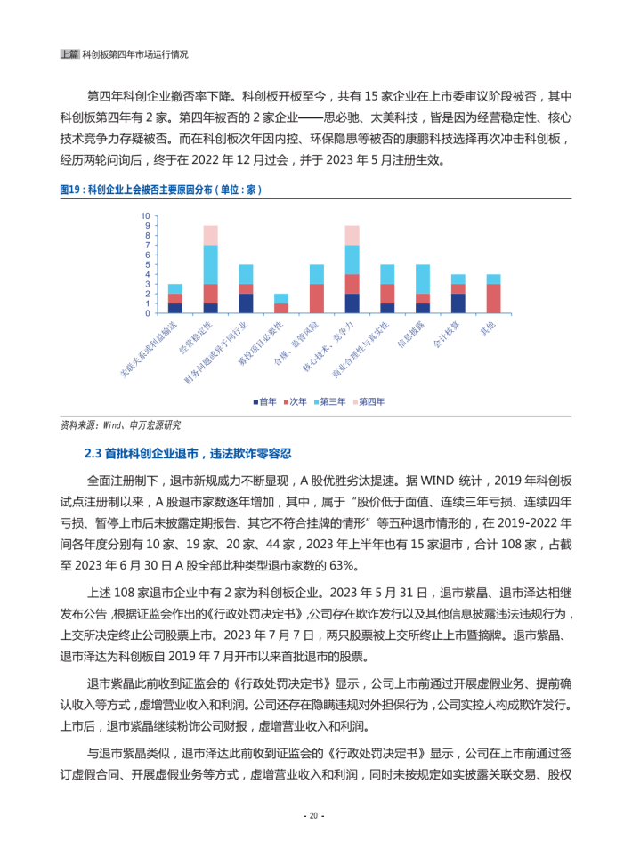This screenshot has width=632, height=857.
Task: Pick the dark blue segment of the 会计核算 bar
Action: [458, 303]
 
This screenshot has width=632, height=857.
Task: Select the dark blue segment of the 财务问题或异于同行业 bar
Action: [246, 303]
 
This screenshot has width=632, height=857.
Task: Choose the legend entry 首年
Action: [263, 402]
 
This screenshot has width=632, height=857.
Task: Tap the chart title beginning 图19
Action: [160, 190]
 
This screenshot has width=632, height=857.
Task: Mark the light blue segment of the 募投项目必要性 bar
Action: [280, 298]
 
